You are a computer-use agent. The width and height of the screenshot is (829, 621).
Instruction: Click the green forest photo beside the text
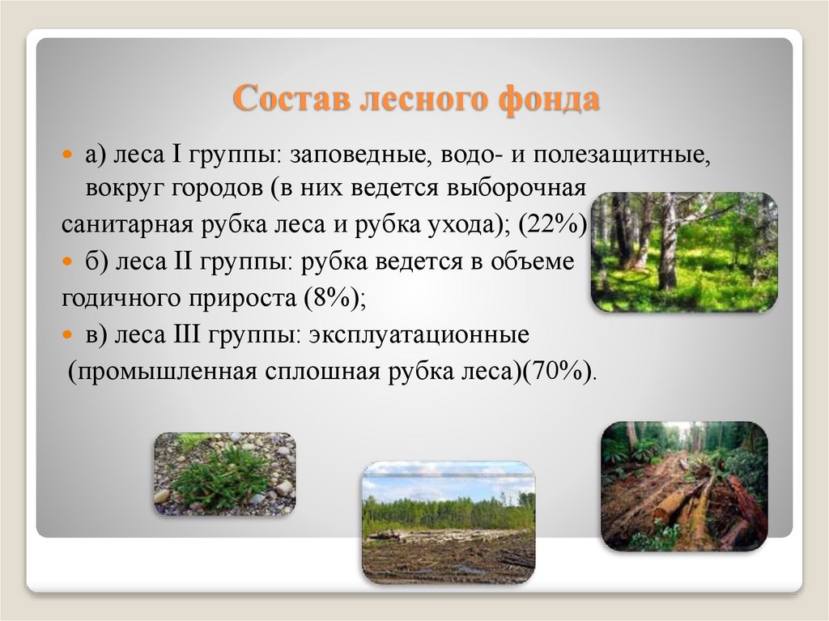(x=684, y=252)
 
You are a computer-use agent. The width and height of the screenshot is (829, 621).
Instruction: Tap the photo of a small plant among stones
(x=225, y=474)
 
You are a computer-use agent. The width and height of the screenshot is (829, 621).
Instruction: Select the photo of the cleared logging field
(x=448, y=522)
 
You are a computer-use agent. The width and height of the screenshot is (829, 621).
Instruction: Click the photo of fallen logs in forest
(x=684, y=486)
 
